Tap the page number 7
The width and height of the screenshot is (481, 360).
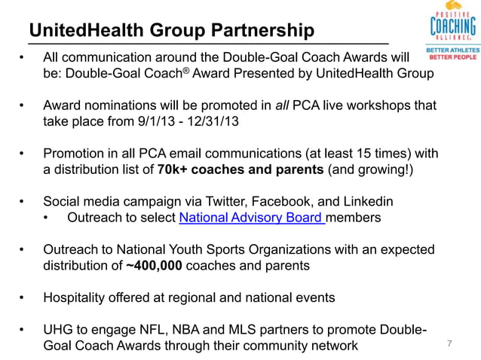pyautogui.click(x=449, y=344)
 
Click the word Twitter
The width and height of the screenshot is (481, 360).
pyautogui.click(x=251, y=202)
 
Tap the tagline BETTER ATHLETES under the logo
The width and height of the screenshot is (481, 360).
pyautogui.click(x=452, y=50)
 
